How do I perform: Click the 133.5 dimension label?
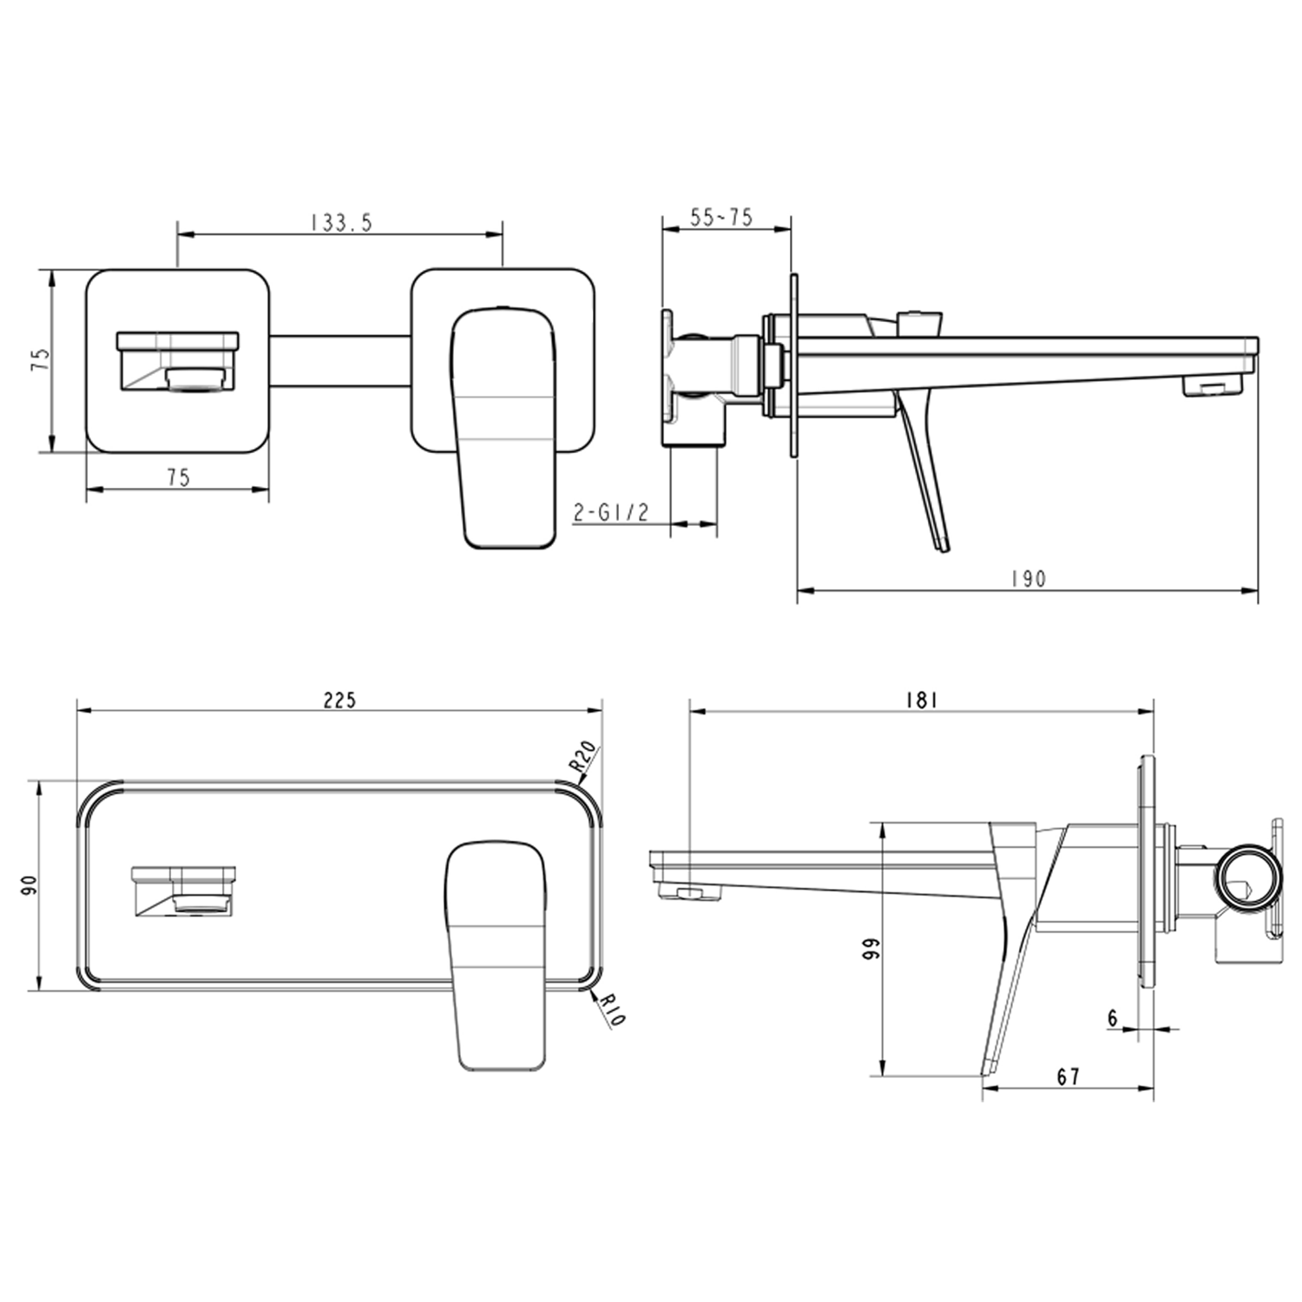341,222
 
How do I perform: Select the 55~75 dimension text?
720,217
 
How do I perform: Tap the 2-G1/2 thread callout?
611,512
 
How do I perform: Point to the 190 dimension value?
1029,579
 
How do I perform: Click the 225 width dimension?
339,700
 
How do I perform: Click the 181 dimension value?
921,700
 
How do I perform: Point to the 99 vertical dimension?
871,948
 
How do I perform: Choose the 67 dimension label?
1069,1076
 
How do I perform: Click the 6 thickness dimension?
1113,1018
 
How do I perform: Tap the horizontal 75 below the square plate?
178,477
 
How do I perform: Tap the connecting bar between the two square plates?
339,361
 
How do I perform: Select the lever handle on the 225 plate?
496,955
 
